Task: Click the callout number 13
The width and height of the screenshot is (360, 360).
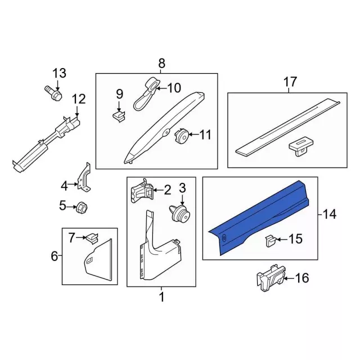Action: [60, 74]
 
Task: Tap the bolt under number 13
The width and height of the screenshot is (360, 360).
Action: [53, 92]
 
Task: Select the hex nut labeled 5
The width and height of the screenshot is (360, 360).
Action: [82, 207]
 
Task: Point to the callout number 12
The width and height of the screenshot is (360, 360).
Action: [79, 99]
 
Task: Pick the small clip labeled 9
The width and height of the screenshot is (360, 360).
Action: [119, 116]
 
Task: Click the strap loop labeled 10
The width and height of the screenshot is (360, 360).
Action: [146, 94]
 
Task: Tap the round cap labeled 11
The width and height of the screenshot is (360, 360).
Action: [181, 136]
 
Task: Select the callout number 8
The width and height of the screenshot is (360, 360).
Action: [161, 63]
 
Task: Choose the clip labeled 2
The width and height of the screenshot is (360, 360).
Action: [142, 191]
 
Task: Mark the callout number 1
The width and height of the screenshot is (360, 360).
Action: [162, 297]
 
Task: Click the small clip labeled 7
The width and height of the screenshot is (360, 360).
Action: [92, 238]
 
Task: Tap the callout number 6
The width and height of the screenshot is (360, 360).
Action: [54, 256]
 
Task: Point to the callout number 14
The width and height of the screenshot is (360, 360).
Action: [330, 215]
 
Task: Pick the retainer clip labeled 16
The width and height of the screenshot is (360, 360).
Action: [271, 277]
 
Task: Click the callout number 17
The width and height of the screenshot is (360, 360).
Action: [290, 82]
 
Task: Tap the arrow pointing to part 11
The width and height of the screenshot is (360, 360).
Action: [193, 134]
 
